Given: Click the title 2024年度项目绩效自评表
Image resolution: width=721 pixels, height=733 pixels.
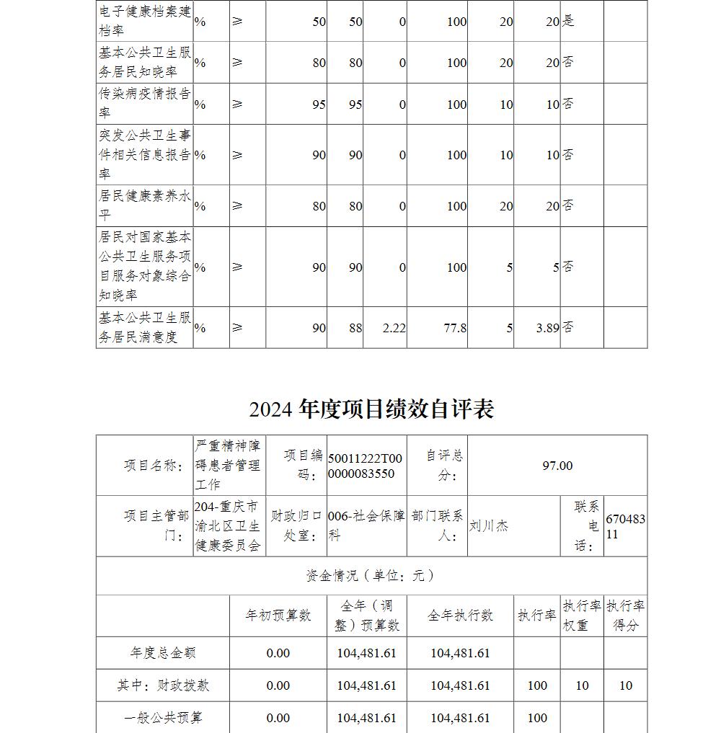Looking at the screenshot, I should coord(371,409).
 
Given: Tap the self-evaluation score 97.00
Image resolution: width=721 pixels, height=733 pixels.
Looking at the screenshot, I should coord(557,466).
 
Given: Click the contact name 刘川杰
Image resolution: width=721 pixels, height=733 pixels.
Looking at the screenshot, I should coord(489,526).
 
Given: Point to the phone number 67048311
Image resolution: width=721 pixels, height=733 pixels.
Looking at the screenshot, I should coord(625,527).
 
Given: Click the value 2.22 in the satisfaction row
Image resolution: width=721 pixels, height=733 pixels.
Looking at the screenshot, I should coord(394,328).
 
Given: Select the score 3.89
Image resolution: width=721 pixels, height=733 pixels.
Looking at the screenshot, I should coord(547,328).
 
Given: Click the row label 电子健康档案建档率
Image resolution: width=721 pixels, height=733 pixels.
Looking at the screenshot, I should coord(145,22).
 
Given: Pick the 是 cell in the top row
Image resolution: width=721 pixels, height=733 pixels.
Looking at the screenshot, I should coord(568,22).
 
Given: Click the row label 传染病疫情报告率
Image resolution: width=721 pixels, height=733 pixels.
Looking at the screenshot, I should coord(145,104).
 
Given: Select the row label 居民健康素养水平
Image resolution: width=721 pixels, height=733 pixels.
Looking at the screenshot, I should coord(145,205).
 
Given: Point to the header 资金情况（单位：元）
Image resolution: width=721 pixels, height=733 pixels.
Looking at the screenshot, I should coord(371,576).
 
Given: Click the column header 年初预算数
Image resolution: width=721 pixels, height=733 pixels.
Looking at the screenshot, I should coord(278,616).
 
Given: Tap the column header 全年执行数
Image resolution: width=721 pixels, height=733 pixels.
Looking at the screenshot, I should coord(460,616).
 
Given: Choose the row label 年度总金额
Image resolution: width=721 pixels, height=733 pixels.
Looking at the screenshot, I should coord(163,653).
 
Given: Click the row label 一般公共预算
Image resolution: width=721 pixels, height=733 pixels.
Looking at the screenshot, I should coord(163,718).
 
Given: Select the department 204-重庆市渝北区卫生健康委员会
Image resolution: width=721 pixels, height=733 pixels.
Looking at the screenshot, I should coord(227,526).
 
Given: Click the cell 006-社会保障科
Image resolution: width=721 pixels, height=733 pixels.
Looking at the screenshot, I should coord(366,526).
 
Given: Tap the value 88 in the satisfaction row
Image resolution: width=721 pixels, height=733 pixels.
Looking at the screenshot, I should coord(355,328).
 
